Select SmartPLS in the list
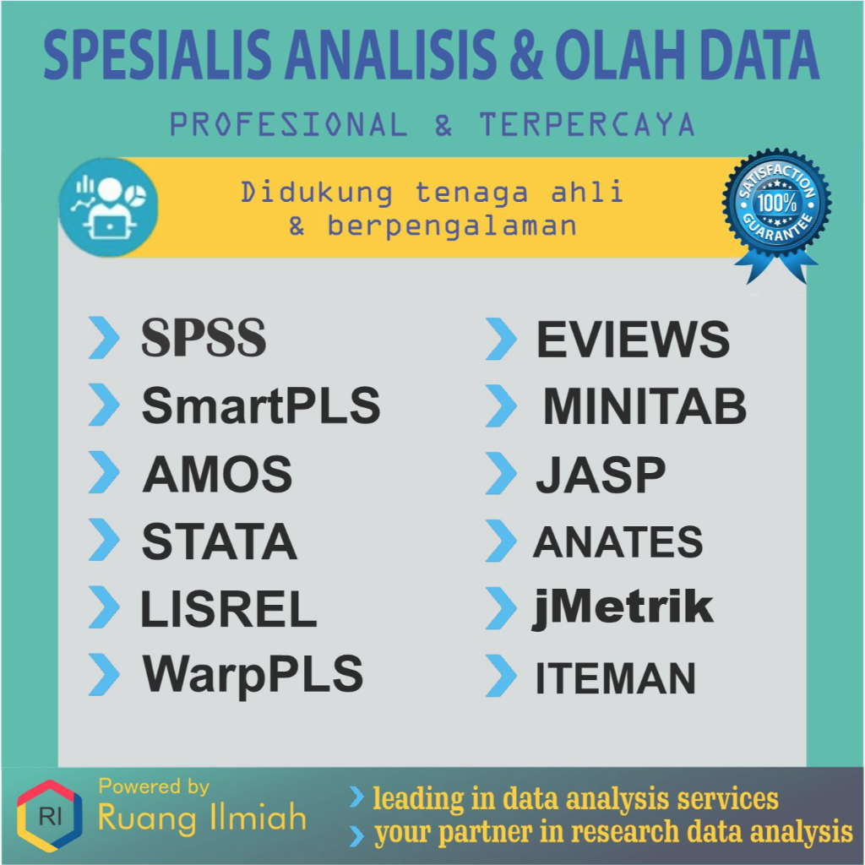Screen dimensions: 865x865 (261, 406)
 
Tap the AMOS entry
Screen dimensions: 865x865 (217, 474)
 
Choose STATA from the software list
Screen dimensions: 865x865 (220, 541)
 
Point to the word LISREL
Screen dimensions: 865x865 (228, 608)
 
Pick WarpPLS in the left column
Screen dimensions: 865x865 (253, 674)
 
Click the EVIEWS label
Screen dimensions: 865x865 (633, 340)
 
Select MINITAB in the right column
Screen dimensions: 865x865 (645, 407)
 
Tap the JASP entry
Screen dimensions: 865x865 (601, 475)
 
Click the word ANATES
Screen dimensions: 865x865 (617, 542)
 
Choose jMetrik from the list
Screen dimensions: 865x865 (623, 608)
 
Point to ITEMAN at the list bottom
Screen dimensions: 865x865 (616, 678)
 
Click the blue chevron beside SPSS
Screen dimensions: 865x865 (104, 338)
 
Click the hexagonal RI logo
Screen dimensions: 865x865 (49, 816)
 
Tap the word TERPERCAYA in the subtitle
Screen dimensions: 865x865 (587, 126)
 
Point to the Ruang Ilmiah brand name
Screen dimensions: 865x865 (202, 818)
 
